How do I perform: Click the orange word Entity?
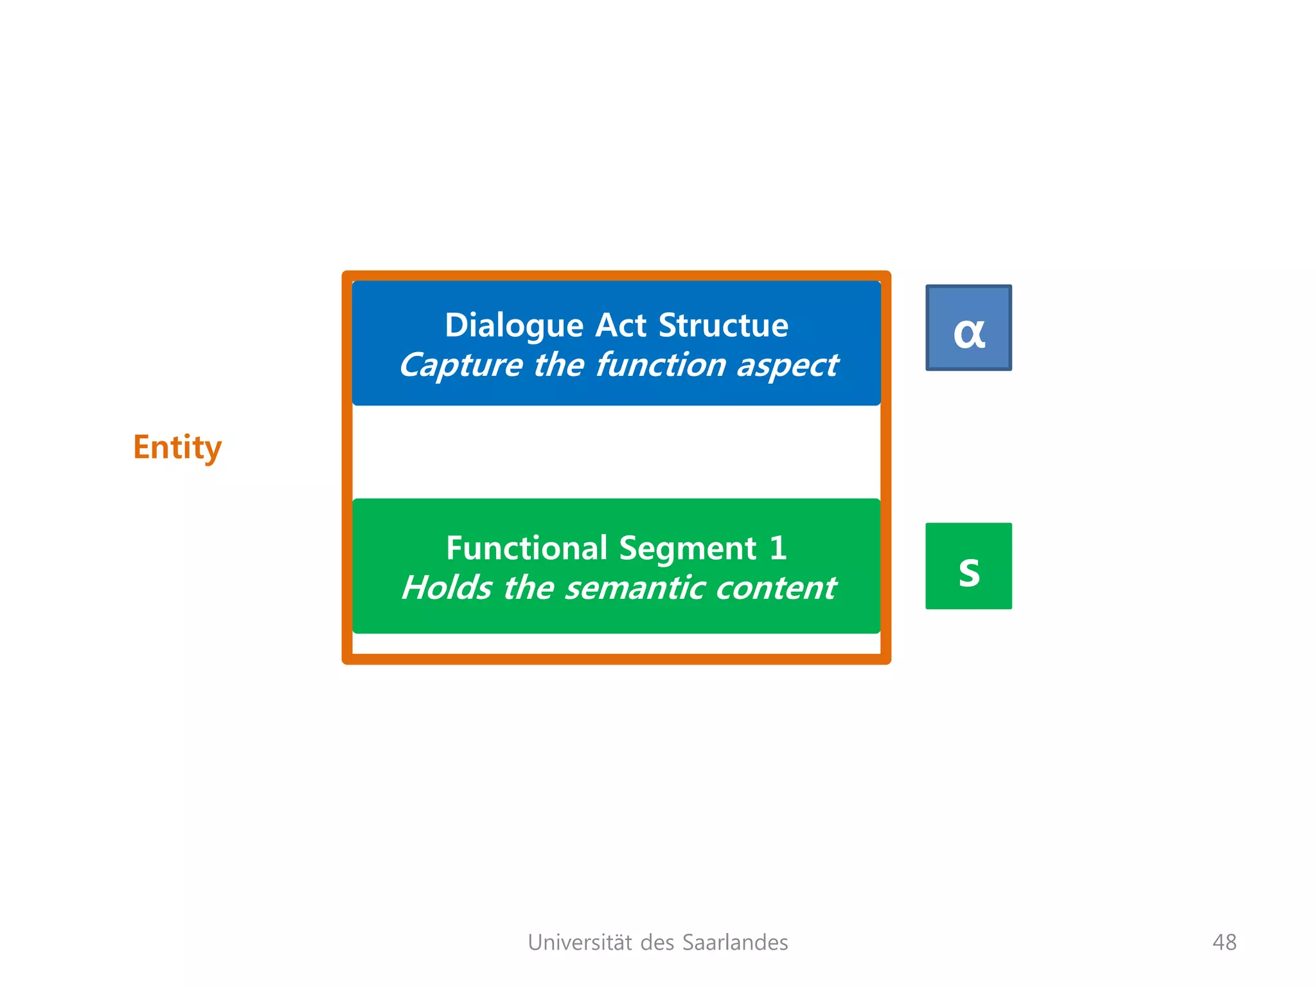click(x=177, y=447)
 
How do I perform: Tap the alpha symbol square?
click(x=968, y=328)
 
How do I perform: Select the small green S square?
click(x=968, y=566)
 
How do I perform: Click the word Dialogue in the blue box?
click(x=514, y=326)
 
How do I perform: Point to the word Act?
click(x=621, y=325)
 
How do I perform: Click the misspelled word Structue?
click(x=724, y=325)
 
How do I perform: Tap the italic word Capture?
click(x=460, y=366)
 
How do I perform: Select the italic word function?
click(x=661, y=364)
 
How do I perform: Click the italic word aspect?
click(x=788, y=366)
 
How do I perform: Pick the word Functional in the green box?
click(x=527, y=548)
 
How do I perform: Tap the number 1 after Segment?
click(x=778, y=548)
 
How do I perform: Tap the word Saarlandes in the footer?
click(x=735, y=942)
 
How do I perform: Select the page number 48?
click(x=1224, y=942)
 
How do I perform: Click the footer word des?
click(x=657, y=942)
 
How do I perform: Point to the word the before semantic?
click(x=529, y=587)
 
